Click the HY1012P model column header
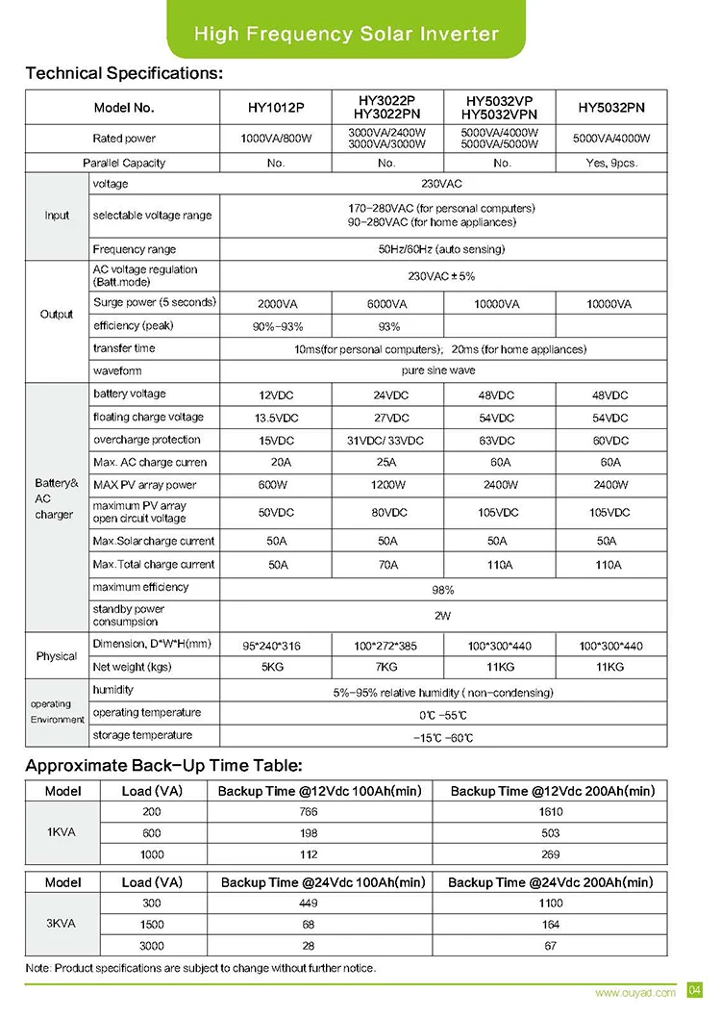click(x=276, y=108)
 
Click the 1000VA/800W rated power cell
click(x=276, y=139)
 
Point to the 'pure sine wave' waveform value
click(x=438, y=370)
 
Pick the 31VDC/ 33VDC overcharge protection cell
click(x=387, y=441)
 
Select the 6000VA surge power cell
click(x=387, y=304)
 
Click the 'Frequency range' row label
click(x=135, y=249)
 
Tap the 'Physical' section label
click(x=57, y=656)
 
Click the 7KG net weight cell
click(x=387, y=667)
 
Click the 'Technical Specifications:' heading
click(x=124, y=73)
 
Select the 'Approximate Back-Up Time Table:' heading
click(x=163, y=767)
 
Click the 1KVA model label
click(x=62, y=833)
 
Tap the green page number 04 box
click(x=696, y=991)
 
